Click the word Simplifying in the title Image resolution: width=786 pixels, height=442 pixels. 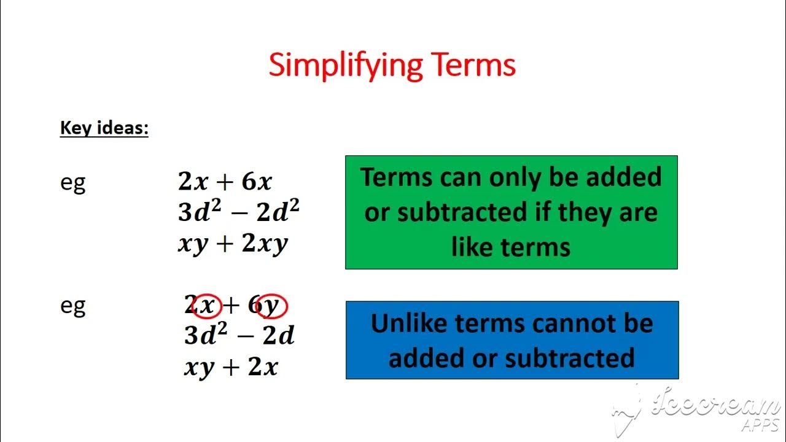[346, 65]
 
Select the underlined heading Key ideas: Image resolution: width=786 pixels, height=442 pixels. [104, 129]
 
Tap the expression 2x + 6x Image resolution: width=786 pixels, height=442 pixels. [225, 182]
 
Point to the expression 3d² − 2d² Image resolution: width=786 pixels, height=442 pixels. [239, 212]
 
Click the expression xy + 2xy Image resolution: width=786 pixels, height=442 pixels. [233, 244]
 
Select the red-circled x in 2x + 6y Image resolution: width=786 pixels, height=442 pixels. [208, 305]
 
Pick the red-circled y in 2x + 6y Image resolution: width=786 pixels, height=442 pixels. [272, 306]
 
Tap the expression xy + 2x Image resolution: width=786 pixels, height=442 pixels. [231, 367]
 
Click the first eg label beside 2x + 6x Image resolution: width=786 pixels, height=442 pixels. [72, 183]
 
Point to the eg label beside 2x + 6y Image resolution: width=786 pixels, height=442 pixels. [72, 306]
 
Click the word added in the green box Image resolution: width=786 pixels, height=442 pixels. [623, 177]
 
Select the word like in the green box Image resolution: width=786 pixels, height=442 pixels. [472, 247]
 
